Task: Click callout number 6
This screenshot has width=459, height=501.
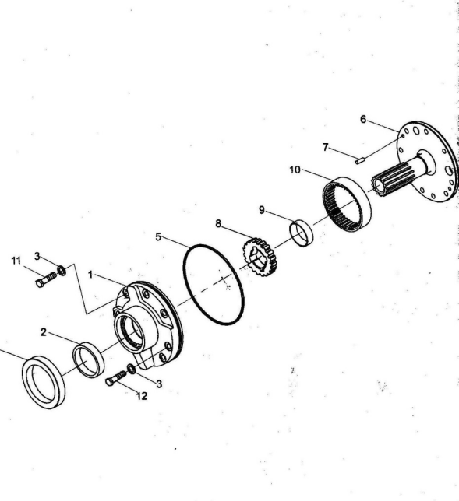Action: point(362,120)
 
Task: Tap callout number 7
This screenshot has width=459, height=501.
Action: point(326,147)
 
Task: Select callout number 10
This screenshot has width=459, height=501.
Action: point(295,170)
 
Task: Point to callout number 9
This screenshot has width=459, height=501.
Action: point(262,210)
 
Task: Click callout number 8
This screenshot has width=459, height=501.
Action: point(218,224)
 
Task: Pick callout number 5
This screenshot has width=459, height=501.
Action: point(158,237)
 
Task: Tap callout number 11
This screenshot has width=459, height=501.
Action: point(16,261)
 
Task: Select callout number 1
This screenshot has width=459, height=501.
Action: point(90,275)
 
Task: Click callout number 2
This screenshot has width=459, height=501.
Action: point(44,332)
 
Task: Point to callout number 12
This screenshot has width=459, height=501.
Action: point(142,396)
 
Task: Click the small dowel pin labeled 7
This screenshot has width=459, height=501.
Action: point(359,160)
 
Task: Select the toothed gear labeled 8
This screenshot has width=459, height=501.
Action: point(259,257)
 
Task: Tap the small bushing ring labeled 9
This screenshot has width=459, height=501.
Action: point(302,233)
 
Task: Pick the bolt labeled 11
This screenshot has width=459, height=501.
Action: point(47,279)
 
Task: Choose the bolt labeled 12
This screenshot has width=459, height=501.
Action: point(115,378)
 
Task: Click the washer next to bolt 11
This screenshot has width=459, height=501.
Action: point(62,271)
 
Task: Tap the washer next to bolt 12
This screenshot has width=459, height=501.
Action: point(131,369)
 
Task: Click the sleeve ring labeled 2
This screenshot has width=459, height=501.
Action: point(88,359)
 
